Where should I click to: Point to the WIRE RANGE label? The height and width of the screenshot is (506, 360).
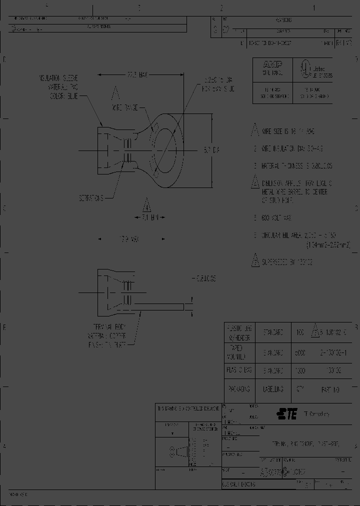(x=124, y=107)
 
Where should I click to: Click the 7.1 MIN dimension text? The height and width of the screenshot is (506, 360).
(x=146, y=218)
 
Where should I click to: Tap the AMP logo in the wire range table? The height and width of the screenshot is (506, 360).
(x=273, y=64)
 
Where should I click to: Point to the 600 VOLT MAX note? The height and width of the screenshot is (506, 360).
(x=276, y=218)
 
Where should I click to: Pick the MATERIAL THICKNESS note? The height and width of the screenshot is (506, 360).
(x=296, y=165)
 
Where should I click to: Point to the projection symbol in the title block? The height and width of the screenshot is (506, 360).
(x=177, y=451)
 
